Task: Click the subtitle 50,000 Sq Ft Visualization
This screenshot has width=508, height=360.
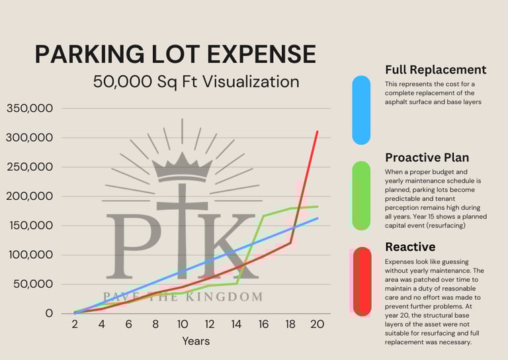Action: click(x=196, y=82)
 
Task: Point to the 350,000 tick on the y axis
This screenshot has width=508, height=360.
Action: click(x=30, y=109)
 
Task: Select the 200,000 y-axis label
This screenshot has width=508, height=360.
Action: click(x=30, y=197)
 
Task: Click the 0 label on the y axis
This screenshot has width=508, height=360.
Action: click(x=48, y=313)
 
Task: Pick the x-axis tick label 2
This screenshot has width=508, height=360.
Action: click(x=75, y=325)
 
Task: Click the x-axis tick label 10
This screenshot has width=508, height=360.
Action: click(x=182, y=325)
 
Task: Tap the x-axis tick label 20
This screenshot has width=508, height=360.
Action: click(x=317, y=325)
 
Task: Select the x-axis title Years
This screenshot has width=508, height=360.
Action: click(x=196, y=341)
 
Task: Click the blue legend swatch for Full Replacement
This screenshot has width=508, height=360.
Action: click(x=361, y=110)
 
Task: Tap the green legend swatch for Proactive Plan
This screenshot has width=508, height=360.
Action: click(x=361, y=196)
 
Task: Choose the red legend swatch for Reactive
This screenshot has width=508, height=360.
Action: click(x=362, y=281)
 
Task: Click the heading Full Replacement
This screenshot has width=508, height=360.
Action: click(x=435, y=69)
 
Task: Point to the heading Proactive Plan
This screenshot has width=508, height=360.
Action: click(x=427, y=157)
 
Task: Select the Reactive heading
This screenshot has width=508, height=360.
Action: click(x=410, y=247)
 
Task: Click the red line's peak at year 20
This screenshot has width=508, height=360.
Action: click(x=317, y=132)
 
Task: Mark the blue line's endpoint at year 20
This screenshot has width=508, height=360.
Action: click(x=317, y=218)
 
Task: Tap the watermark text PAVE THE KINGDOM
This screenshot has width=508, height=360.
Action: click(x=182, y=296)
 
